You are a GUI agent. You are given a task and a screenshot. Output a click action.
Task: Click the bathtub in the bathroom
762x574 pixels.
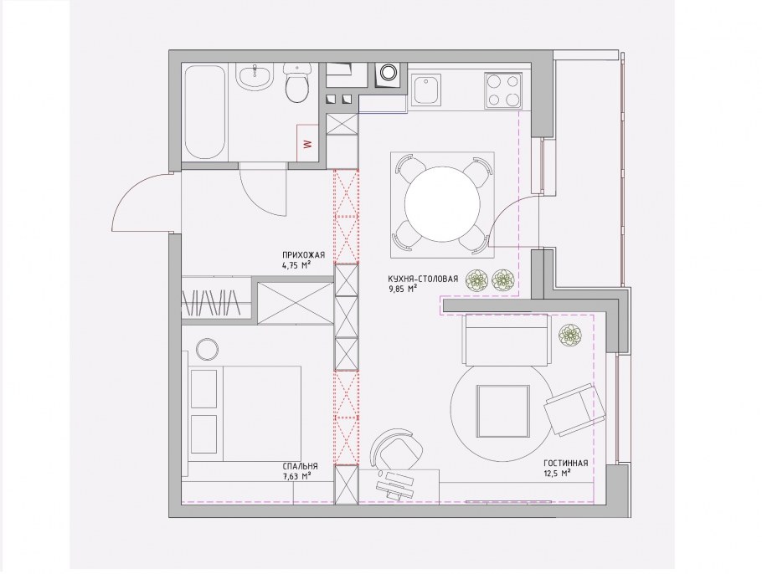(205, 113)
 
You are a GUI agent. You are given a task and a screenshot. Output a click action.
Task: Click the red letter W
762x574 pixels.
(306, 144)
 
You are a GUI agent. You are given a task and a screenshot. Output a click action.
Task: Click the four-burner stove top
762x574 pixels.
(503, 90)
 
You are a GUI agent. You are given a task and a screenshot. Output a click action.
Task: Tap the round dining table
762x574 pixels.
(442, 204)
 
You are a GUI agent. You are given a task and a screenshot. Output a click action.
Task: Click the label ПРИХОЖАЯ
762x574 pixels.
(303, 255)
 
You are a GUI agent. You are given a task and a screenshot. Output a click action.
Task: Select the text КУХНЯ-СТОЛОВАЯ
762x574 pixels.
(423, 279)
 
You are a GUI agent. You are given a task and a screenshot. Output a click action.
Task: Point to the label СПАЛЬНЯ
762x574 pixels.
(301, 465)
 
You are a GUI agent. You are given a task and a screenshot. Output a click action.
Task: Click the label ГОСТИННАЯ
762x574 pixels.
(566, 464)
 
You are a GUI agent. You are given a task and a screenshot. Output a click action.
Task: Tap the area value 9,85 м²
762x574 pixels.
(403, 289)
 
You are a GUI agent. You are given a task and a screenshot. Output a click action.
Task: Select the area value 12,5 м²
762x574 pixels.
(557, 473)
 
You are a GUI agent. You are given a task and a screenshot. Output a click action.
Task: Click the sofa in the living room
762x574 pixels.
(507, 340)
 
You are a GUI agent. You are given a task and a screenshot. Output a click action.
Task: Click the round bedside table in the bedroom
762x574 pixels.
(208, 349)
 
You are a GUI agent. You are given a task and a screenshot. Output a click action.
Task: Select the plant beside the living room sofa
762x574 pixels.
(569, 335)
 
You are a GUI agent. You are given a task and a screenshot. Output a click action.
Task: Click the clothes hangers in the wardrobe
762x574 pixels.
(211, 303)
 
